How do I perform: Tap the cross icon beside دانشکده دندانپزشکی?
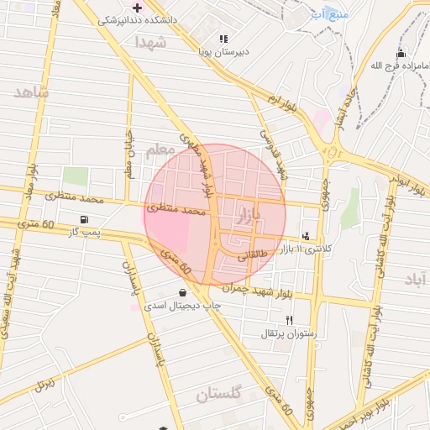[137, 8]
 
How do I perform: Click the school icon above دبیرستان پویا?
[223, 39]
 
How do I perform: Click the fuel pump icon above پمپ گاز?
[83, 219]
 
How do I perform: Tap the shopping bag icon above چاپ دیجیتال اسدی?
[183, 293]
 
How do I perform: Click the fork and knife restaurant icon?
[290, 320]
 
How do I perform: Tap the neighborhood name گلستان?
[219, 393]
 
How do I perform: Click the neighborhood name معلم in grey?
[157, 150]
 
